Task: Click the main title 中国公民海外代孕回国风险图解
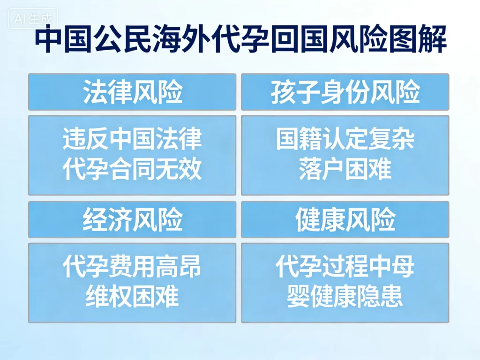[240, 41]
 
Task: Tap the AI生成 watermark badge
[33, 20]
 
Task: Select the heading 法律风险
[133, 92]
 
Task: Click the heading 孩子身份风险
[345, 92]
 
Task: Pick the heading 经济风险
[133, 220]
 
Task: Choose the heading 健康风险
[345, 220]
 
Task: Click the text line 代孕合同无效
[133, 170]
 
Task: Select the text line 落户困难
[345, 170]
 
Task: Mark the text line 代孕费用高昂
[133, 267]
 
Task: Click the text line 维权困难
[133, 297]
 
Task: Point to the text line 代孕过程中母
[345, 267]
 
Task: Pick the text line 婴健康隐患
[345, 297]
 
